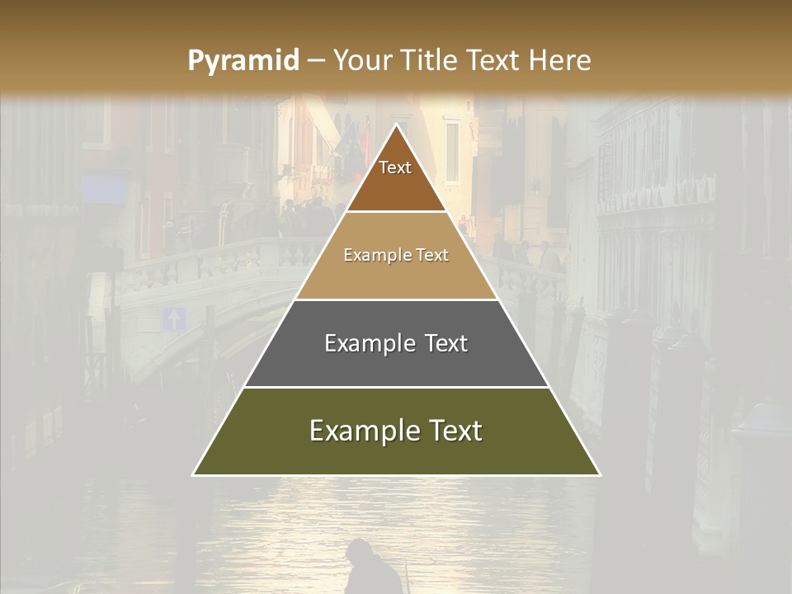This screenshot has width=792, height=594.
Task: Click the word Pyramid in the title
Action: [243, 61]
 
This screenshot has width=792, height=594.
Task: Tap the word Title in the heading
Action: [430, 61]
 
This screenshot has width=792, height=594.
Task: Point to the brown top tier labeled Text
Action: [396, 177]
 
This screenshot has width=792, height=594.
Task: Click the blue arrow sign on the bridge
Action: [173, 318]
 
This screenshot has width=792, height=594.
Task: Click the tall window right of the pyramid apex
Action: [452, 152]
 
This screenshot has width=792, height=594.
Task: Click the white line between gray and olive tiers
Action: [396, 387]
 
